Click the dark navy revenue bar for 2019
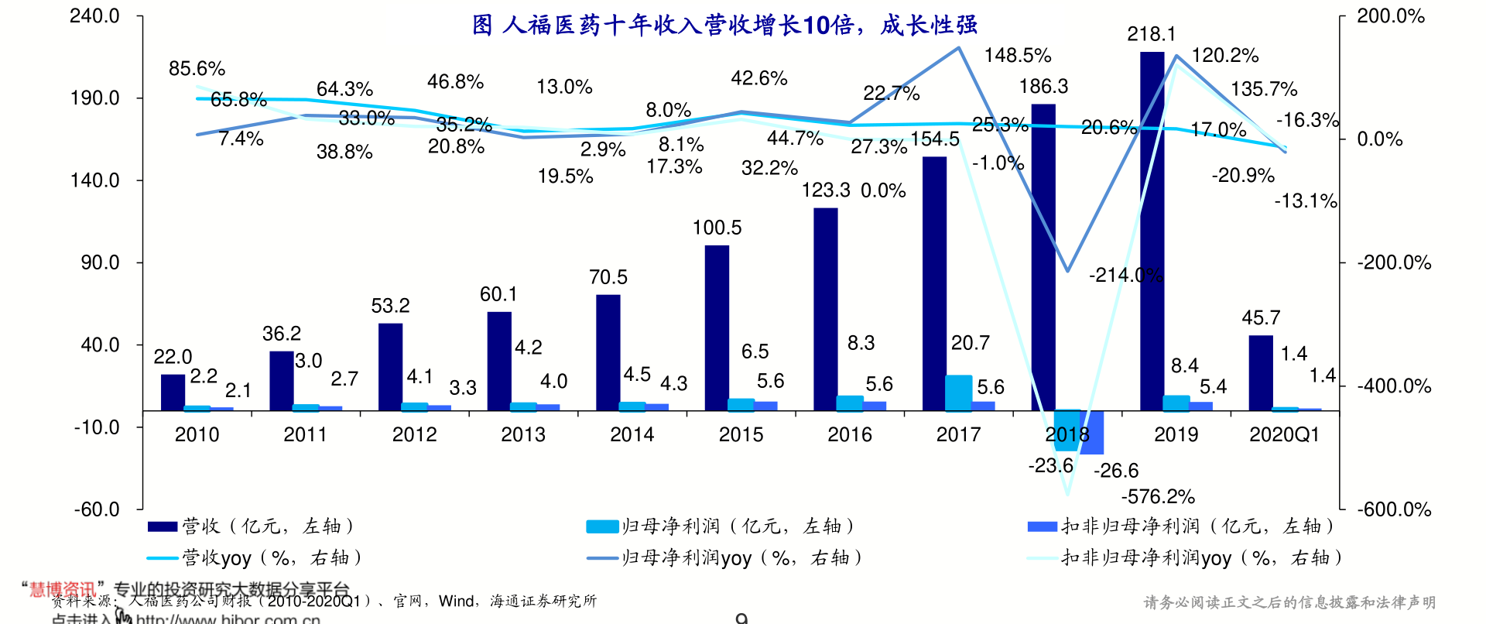(1152, 232)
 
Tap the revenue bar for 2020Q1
(1261, 372)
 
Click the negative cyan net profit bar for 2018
(1066, 430)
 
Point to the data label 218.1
(1152, 34)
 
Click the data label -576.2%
(1158, 496)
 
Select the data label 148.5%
(1018, 56)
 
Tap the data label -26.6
(1116, 470)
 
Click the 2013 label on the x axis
(523, 434)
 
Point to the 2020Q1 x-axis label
(1284, 434)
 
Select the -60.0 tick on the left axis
(97, 509)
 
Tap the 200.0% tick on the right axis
(1391, 16)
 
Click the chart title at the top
(724, 26)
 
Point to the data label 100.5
(717, 228)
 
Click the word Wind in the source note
(456, 601)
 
